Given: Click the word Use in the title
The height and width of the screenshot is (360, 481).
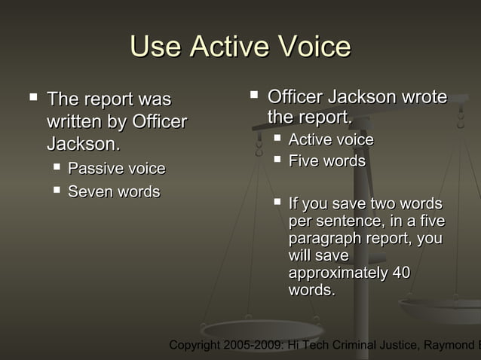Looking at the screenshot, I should [x=155, y=47].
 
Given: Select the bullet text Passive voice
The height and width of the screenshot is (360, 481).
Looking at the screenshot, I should [x=116, y=168].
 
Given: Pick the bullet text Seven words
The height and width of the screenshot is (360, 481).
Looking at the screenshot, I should [x=114, y=192].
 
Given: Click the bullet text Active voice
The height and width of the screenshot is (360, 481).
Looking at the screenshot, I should [x=331, y=140].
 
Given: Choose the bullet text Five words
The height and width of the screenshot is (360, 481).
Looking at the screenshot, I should [x=326, y=161].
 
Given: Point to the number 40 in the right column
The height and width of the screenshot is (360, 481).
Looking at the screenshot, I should [x=400, y=273].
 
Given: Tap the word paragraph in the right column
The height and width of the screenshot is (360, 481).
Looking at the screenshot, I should [x=323, y=238].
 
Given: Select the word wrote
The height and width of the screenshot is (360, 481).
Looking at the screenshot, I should [x=424, y=97].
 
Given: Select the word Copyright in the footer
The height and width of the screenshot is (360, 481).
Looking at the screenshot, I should [x=195, y=346].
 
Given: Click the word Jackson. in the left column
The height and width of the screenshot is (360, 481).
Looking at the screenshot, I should [x=83, y=143].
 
